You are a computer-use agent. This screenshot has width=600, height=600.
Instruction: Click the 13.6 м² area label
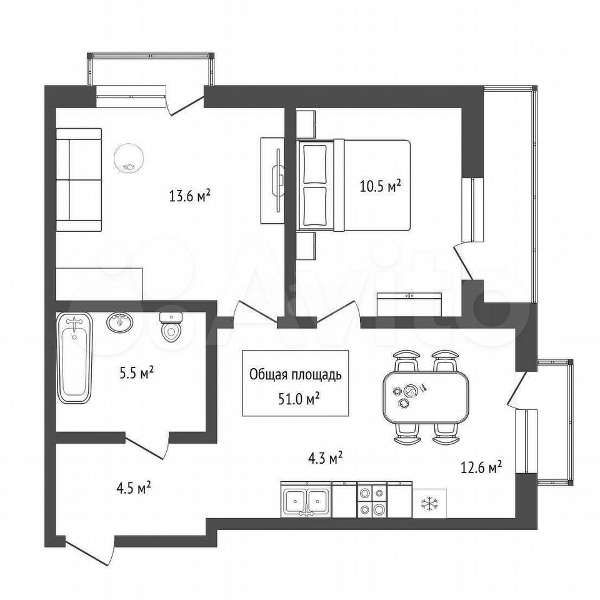click(190, 196)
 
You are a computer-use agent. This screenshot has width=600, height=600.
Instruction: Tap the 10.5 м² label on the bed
click(381, 186)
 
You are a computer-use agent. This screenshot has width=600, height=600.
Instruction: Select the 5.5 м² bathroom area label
click(137, 372)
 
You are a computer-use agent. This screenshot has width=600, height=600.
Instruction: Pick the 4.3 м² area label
click(325, 457)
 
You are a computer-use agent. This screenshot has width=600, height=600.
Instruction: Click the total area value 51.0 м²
click(299, 399)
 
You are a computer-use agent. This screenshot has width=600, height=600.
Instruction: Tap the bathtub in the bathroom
click(74, 358)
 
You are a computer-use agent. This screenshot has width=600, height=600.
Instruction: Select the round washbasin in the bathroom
click(120, 323)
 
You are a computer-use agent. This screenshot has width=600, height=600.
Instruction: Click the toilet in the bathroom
click(171, 327)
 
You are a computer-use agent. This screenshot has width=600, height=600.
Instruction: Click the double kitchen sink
click(306, 500)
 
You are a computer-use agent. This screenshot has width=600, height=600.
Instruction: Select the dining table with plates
click(426, 397)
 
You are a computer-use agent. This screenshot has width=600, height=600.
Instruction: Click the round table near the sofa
click(130, 158)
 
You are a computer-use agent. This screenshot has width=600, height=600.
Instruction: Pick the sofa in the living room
click(79, 180)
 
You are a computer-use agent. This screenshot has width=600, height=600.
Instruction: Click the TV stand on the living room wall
click(272, 181)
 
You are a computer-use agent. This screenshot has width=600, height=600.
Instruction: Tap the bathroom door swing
click(147, 446)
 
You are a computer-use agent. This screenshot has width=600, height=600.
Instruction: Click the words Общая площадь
click(295, 375)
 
